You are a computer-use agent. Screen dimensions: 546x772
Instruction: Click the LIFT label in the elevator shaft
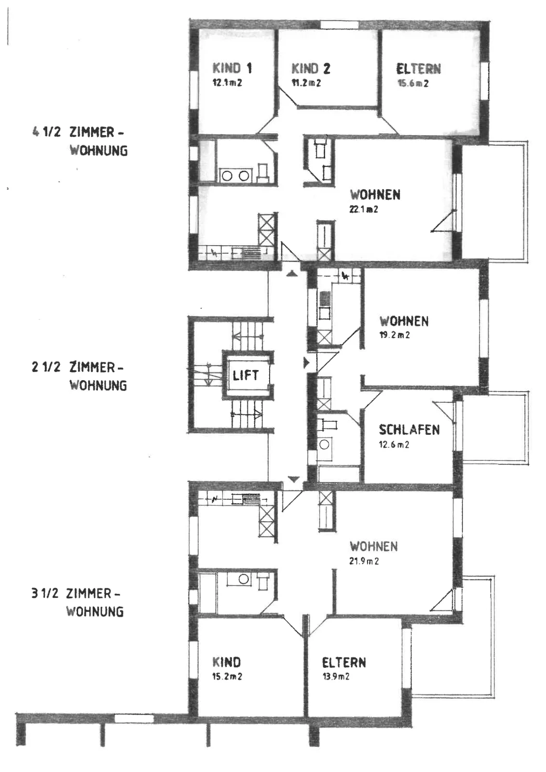pyautogui.click(x=246, y=375)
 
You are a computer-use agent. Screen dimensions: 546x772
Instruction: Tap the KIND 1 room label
pyautogui.click(x=232, y=68)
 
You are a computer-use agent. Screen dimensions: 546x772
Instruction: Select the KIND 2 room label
pyautogui.click(x=311, y=69)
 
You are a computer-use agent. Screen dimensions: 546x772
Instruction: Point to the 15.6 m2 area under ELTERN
pyautogui.click(x=413, y=83)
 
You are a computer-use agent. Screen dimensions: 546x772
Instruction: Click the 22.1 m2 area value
pyautogui.click(x=364, y=209)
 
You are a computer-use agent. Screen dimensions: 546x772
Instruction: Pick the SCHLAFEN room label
pyautogui.click(x=409, y=430)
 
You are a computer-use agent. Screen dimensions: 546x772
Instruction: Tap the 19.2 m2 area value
pyautogui.click(x=395, y=335)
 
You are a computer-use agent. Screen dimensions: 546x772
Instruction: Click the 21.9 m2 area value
pyautogui.click(x=364, y=561)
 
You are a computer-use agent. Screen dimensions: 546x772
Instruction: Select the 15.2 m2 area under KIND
pyautogui.click(x=227, y=676)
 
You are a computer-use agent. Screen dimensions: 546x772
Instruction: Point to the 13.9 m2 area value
pyautogui.click(x=336, y=676)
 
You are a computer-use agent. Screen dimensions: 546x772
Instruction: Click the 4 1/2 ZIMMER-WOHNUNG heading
pyautogui.click(x=80, y=141)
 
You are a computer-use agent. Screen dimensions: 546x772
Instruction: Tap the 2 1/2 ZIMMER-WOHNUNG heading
pyautogui.click(x=79, y=376)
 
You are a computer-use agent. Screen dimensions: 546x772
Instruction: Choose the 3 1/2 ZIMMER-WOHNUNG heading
pyautogui.click(x=78, y=603)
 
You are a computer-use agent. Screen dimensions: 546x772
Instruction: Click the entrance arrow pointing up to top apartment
pyautogui.click(x=292, y=274)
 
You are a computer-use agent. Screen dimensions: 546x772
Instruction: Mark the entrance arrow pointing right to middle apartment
pyautogui.click(x=306, y=363)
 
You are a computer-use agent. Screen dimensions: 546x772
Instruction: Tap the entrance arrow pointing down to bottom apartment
pyautogui.click(x=293, y=479)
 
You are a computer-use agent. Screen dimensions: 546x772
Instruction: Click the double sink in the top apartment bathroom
pyautogui.click(x=236, y=176)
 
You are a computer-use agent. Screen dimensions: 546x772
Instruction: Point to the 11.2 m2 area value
pyautogui.click(x=306, y=83)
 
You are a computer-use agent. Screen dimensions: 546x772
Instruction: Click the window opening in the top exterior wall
pyautogui.click(x=339, y=25)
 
